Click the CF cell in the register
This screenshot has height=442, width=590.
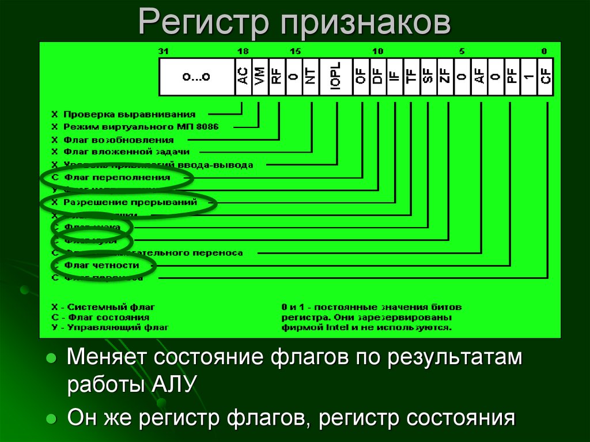[545, 77]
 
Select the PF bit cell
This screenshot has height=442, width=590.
[512, 77]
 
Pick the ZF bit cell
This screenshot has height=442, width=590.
[445, 77]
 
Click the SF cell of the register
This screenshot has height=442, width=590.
[428, 77]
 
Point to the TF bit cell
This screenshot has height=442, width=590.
[411, 77]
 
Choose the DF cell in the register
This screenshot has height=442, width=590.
[378, 77]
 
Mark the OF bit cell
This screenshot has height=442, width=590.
[361, 77]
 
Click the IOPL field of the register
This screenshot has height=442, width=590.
[336, 77]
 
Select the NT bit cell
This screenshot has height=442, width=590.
[311, 77]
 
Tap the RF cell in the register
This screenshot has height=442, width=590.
[277, 77]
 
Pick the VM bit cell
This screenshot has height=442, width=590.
[260, 77]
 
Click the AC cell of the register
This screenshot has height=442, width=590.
[243, 77]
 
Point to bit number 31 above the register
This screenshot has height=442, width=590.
[164, 52]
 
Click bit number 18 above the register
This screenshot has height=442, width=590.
[243, 52]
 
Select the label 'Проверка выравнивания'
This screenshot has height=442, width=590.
[129, 114]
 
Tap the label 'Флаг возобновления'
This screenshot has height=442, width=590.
[118, 139]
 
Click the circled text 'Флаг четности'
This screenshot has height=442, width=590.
[101, 265]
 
